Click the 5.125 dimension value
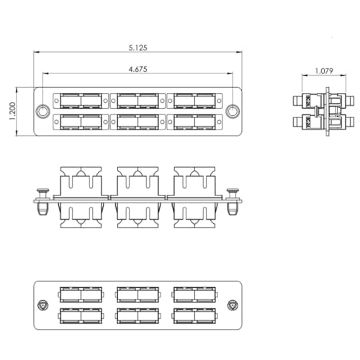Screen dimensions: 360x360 (x=138, y=48)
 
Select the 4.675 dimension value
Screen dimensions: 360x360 (x=138, y=69)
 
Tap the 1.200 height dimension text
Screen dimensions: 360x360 (x=12, y=112)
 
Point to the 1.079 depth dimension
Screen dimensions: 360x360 (x=324, y=71)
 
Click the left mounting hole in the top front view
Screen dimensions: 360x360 (x=42, y=112)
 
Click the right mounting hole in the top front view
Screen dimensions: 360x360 (x=233, y=112)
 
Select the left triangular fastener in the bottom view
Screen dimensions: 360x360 (x=43, y=305)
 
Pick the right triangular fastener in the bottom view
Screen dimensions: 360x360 (x=233, y=305)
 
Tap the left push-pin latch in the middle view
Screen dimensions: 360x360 (x=42, y=202)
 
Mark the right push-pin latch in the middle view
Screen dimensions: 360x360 (x=233, y=202)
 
